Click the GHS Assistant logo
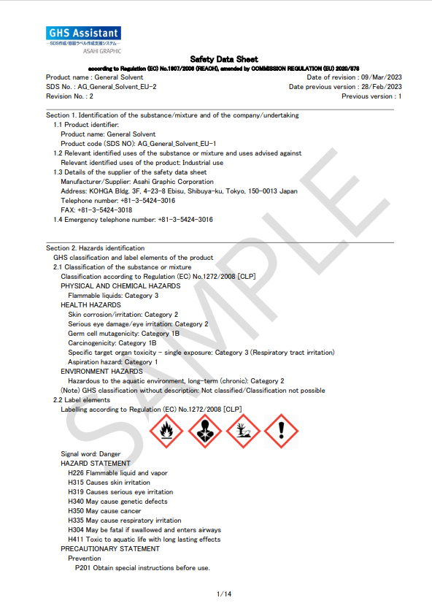point(83,34)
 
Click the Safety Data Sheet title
point(223,59)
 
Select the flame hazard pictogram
point(167,431)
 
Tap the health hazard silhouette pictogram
point(205,431)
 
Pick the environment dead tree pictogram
point(243,431)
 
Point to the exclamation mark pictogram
point(281,431)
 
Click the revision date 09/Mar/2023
point(381,77)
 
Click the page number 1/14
point(224,594)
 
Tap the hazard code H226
point(76,473)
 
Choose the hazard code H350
point(76,511)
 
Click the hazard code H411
point(76,540)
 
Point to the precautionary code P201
point(83,568)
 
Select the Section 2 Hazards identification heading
point(95,248)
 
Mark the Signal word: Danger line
point(90,454)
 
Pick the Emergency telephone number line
point(133,219)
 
